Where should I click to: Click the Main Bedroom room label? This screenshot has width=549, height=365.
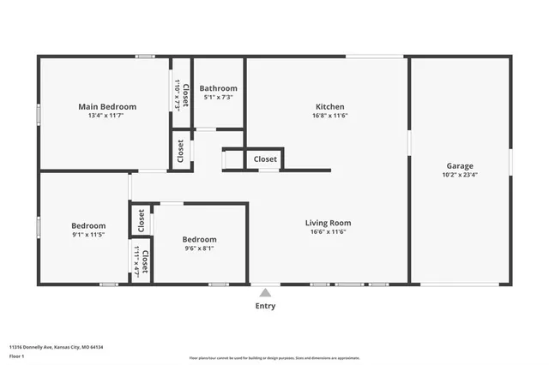tap(107, 107)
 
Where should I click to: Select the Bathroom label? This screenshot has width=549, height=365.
tap(218, 88)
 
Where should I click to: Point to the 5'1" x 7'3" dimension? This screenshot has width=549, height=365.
tap(218, 98)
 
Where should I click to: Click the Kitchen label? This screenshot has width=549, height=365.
tap(329, 107)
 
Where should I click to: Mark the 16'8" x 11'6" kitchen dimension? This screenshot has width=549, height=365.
tap(329, 117)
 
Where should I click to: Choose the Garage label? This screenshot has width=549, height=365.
tap(460, 166)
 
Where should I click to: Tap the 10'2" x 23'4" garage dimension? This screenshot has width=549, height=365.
tap(460, 176)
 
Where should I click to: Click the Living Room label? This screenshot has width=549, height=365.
tap(329, 223)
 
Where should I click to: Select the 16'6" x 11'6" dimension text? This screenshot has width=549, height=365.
tap(329, 232)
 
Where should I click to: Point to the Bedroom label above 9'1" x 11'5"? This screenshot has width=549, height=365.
tap(88, 226)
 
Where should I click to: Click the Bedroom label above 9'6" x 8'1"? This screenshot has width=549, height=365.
tap(199, 239)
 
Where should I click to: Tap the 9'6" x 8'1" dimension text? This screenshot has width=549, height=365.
tap(199, 249)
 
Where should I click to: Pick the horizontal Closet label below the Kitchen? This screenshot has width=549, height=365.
tap(265, 159)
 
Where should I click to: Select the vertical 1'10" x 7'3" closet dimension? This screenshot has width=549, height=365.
tap(178, 94)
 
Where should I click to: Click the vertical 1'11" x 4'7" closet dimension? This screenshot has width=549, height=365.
tap(136, 259)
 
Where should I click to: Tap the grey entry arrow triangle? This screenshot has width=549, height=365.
tap(265, 292)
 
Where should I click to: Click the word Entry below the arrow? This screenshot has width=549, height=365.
tap(265, 306)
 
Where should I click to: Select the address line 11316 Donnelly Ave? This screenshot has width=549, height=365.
tap(52, 347)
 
